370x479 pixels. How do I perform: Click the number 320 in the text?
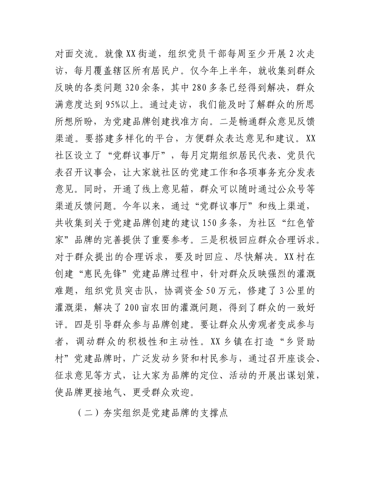tap(136, 88)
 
